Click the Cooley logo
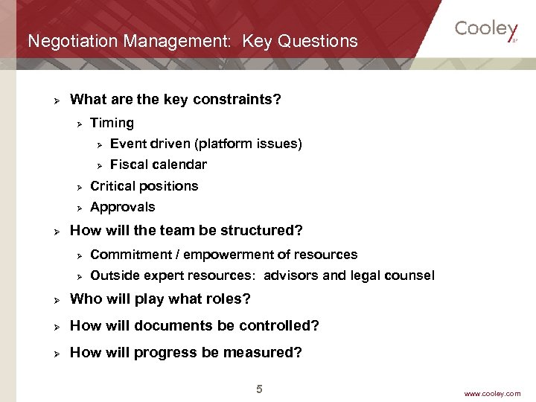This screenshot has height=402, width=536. (x=485, y=30)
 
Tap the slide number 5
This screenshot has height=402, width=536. (x=259, y=389)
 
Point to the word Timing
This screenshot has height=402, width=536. (x=112, y=123)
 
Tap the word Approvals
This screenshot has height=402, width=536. (x=123, y=207)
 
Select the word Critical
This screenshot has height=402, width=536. (x=112, y=186)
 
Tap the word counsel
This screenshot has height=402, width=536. (x=409, y=275)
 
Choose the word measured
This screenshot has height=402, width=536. (x=267, y=353)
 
